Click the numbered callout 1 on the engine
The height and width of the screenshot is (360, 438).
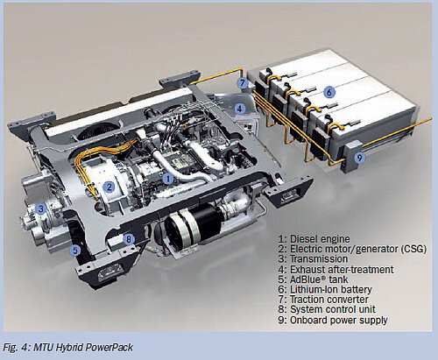[167, 178]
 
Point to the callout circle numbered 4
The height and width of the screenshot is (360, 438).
[239, 109]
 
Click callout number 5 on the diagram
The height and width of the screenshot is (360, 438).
[75, 250]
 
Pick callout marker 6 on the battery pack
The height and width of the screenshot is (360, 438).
[328, 91]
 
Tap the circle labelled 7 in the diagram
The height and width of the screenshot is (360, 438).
[241, 82]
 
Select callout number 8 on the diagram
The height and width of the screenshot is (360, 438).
[129, 238]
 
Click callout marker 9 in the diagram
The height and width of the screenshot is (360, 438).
[358, 158]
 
